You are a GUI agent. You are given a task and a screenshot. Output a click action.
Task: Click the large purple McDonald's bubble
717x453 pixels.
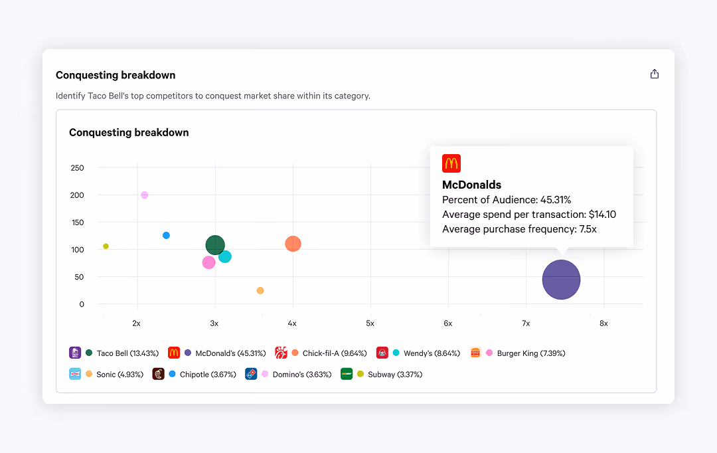[x=561, y=280]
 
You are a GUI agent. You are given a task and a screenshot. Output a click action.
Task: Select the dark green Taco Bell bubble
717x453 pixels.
[x=215, y=245]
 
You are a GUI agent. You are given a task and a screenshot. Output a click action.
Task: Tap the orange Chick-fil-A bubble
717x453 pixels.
[x=293, y=244]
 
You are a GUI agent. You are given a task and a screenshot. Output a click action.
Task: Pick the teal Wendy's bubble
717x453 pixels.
[x=225, y=256]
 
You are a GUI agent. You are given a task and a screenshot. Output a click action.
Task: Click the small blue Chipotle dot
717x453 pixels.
[x=166, y=235]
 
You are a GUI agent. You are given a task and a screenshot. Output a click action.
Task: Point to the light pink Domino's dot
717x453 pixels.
[x=144, y=195]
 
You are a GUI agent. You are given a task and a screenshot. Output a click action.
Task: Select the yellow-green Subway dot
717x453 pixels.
[x=106, y=246]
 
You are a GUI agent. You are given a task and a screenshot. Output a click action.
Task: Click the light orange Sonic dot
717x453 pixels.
[x=260, y=290]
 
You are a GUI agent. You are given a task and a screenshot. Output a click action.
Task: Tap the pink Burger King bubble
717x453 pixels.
[x=208, y=262]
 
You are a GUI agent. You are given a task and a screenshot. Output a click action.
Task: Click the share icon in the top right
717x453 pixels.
[x=655, y=74]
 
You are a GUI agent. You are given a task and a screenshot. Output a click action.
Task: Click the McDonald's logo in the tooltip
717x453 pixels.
[x=451, y=163]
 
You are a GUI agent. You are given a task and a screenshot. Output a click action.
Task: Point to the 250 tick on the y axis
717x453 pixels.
[x=77, y=167]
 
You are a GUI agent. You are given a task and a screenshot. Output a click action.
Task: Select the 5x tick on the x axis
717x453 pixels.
[x=370, y=323]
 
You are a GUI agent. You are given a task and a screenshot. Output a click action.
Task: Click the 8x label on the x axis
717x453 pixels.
[x=603, y=323]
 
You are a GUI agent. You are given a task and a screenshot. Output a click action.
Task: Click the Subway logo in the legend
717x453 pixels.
[x=346, y=374]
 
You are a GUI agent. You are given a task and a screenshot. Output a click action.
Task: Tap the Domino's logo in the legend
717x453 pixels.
[x=251, y=374]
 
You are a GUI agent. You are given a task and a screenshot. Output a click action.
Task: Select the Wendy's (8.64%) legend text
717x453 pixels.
[x=432, y=353]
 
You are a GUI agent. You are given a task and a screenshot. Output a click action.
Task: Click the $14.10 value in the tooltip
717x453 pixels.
[x=603, y=215]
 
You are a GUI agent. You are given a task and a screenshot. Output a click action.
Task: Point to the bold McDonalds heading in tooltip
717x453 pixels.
[x=471, y=185]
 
